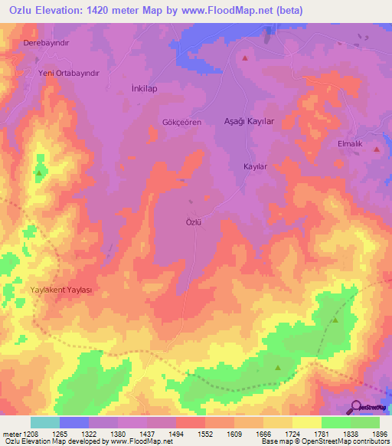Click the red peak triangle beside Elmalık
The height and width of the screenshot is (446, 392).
(377, 149)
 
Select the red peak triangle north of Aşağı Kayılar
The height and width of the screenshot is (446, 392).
(245, 57)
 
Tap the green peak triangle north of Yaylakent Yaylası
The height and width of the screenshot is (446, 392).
(38, 172)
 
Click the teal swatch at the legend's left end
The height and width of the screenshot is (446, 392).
(44, 422)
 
